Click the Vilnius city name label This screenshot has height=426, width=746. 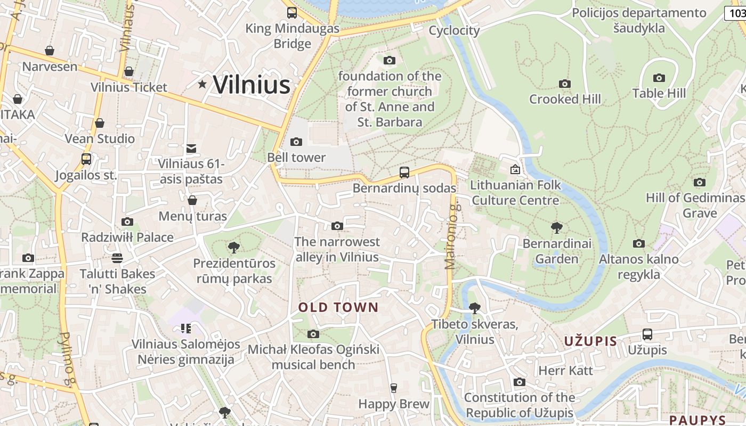252,85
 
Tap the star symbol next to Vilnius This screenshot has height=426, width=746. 202,84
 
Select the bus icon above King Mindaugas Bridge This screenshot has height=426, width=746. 292,12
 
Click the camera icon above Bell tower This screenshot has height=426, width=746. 296,142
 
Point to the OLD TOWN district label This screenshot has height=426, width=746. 338,307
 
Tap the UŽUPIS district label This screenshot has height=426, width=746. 590,341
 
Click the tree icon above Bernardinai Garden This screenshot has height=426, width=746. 557,228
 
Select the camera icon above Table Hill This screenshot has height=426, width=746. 659,78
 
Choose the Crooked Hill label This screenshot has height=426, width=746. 565,99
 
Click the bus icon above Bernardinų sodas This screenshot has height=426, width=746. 404,172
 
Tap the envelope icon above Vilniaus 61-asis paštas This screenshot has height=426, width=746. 191,149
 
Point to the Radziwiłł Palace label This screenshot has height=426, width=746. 127,237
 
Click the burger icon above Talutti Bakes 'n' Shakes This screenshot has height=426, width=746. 117,258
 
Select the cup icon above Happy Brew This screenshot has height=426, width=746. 394,388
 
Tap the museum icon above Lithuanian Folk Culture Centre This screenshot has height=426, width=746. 515,169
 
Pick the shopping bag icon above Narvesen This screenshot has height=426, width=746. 50,51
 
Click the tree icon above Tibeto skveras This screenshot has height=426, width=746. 474,308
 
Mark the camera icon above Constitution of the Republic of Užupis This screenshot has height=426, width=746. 519,382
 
